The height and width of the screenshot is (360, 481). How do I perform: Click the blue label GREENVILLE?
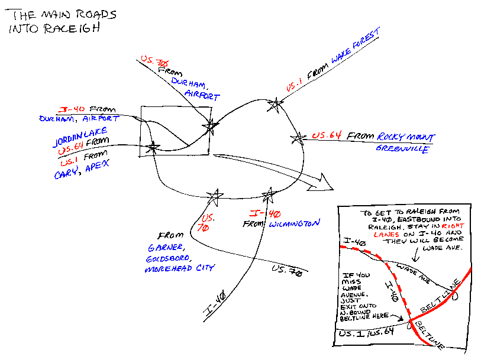click(x=402, y=150)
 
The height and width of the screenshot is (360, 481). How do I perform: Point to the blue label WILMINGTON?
click(x=294, y=224)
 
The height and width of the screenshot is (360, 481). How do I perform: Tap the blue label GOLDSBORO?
click(x=167, y=258)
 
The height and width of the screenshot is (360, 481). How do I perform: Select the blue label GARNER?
click(x=162, y=248)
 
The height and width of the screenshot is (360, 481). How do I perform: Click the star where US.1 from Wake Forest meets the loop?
click(x=274, y=105)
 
